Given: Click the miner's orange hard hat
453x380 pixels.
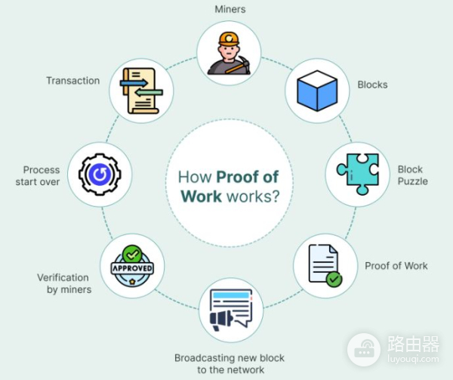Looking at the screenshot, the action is coord(229,39).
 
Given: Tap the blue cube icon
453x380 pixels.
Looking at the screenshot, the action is coord(317,91).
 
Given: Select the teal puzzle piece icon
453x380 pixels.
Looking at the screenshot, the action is coord(358,174).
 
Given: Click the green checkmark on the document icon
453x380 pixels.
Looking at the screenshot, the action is coord(334,280).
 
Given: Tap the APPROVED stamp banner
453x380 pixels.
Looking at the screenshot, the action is coord(132,268).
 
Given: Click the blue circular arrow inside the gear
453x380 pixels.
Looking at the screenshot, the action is coord(100,175).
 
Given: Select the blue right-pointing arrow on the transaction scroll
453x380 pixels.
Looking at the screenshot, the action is coord(134,84).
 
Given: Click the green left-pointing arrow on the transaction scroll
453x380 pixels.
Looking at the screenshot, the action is coord(149,93).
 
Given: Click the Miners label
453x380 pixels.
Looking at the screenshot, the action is coord(230,9).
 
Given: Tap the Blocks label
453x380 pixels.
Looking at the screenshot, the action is coord(372,85).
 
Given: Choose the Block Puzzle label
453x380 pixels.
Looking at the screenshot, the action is coord(412,175).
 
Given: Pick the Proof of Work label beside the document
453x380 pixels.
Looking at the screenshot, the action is coord(396,266).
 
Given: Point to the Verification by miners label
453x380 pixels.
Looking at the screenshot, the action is coord(64,283).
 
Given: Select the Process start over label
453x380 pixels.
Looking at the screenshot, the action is coord(38,176).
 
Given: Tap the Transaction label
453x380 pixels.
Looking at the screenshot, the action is coord(73,81).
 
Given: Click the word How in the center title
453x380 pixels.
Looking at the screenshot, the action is coord(195,177).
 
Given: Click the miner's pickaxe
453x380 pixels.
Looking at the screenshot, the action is coord(238,65).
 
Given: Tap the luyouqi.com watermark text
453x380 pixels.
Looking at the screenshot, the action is coord(413,359).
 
